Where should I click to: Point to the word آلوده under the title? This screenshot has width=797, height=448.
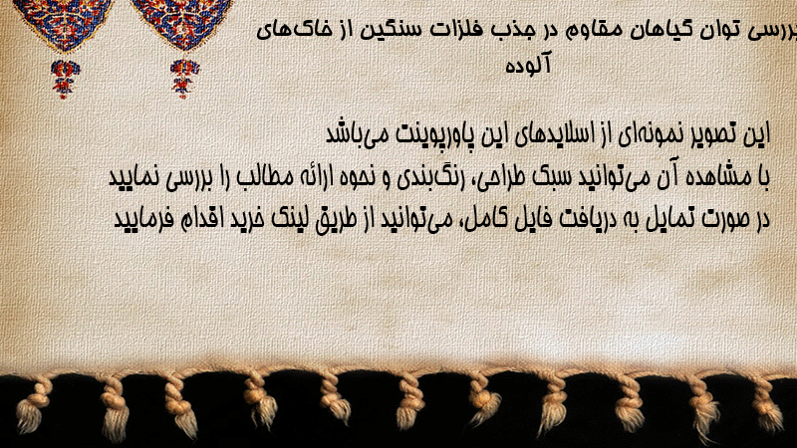click(x=528, y=65)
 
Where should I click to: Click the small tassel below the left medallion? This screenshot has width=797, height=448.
click(x=65, y=79)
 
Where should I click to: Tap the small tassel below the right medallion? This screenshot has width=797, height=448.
click(x=184, y=79)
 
